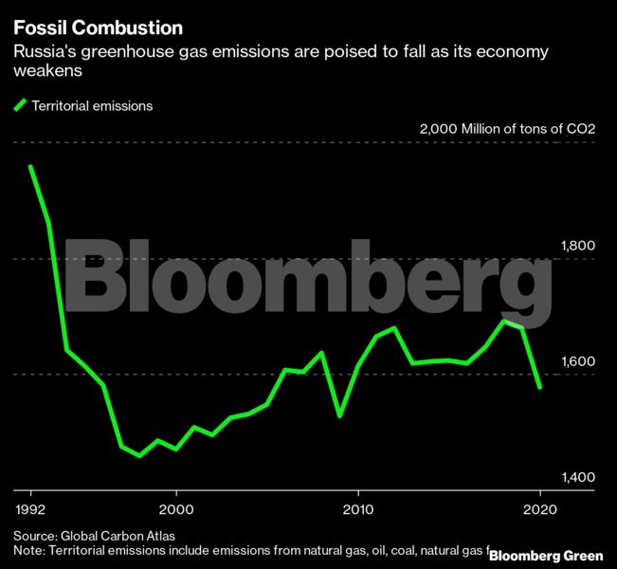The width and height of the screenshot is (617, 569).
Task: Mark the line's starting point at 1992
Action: pos(31,167)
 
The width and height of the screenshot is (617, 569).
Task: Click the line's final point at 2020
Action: pos(540,387)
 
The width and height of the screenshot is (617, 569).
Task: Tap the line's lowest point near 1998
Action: pos(140,455)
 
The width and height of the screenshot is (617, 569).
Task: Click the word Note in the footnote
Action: pos(27,550)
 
